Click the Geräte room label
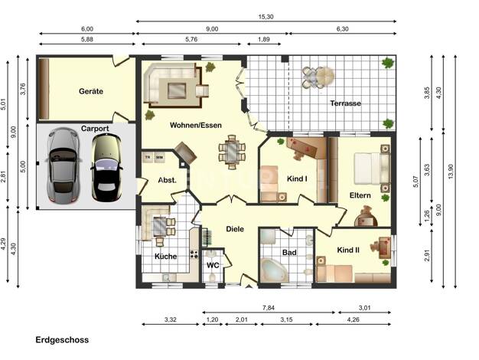click(91, 91)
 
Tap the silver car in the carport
click(64, 165)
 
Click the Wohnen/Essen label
click(196, 125)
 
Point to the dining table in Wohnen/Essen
click(232, 152)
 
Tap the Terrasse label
click(345, 103)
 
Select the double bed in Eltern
click(372, 169)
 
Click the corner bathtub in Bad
click(274, 270)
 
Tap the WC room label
click(213, 265)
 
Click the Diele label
click(235, 229)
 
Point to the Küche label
click(165, 256)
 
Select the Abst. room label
click(167, 180)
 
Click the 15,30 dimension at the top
click(266, 17)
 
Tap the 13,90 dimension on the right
click(451, 172)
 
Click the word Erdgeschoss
click(62, 340)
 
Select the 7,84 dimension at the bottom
click(269, 308)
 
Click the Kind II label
click(348, 250)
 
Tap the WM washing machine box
click(159, 158)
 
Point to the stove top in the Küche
click(194, 254)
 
